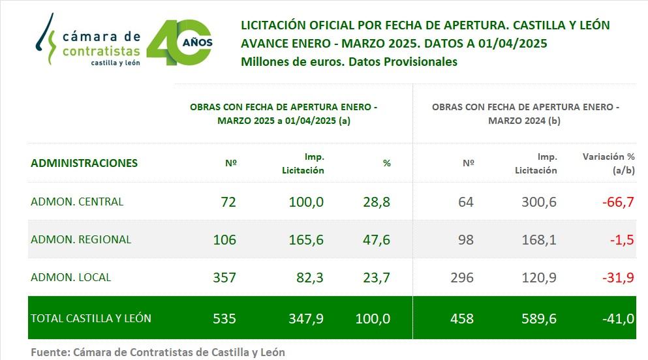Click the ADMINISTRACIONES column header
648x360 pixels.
pyautogui.click(x=84, y=163)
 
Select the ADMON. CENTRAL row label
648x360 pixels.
pyautogui.click(x=77, y=202)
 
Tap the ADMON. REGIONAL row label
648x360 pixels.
pyautogui.click(x=81, y=239)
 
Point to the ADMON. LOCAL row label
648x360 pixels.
pyautogui.click(x=71, y=277)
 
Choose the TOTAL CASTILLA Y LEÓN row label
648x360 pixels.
pyautogui.click(x=91, y=318)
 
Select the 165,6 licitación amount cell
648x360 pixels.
pyautogui.click(x=307, y=240)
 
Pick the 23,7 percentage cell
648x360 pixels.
pyautogui.click(x=377, y=278)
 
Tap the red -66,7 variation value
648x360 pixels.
pyautogui.click(x=618, y=202)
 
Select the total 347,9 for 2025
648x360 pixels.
pyautogui.click(x=307, y=319)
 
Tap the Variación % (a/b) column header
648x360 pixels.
pyautogui.click(x=608, y=164)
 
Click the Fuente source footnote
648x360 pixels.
pyautogui.click(x=158, y=352)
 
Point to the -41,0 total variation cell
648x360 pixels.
pyautogui.click(x=618, y=319)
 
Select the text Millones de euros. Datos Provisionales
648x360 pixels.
pyautogui.click(x=349, y=62)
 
